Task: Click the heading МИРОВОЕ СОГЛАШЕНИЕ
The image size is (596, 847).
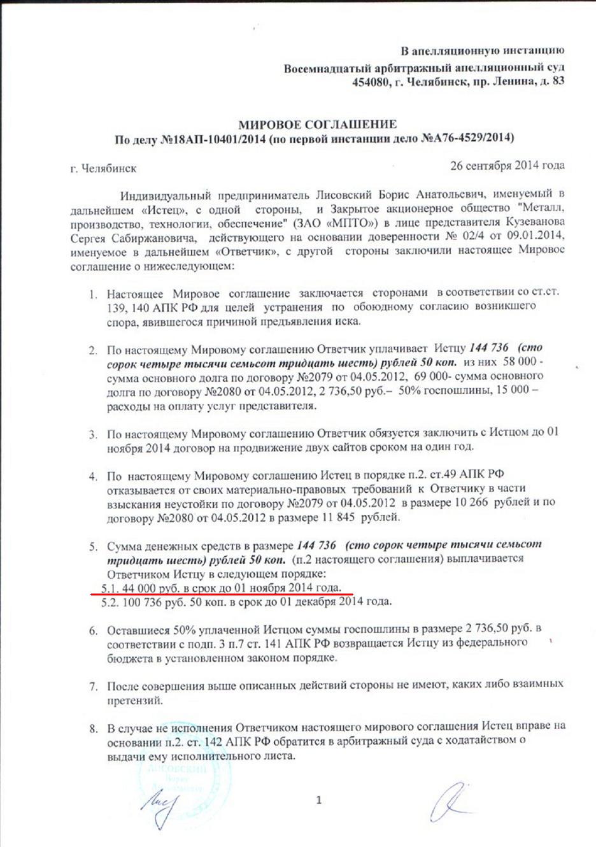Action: tap(317, 124)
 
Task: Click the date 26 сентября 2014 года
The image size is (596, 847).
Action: tap(507, 166)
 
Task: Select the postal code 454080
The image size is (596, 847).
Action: tap(371, 81)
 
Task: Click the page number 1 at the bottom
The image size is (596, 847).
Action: tap(318, 800)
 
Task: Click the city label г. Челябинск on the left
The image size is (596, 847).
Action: tap(103, 169)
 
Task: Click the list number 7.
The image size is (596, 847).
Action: tap(93, 686)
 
